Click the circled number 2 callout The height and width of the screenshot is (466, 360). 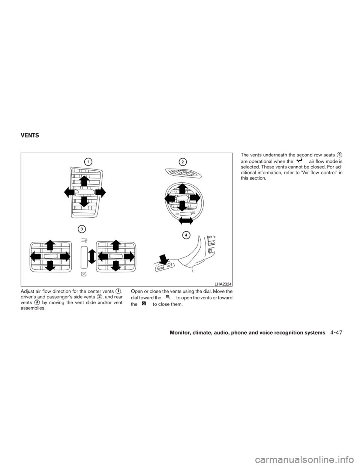coord(183,162)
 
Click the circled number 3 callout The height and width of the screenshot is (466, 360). coord(80,228)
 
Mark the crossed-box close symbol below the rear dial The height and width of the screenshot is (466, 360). coord(83,275)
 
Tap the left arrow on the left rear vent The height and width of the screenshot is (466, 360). coord(36,256)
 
